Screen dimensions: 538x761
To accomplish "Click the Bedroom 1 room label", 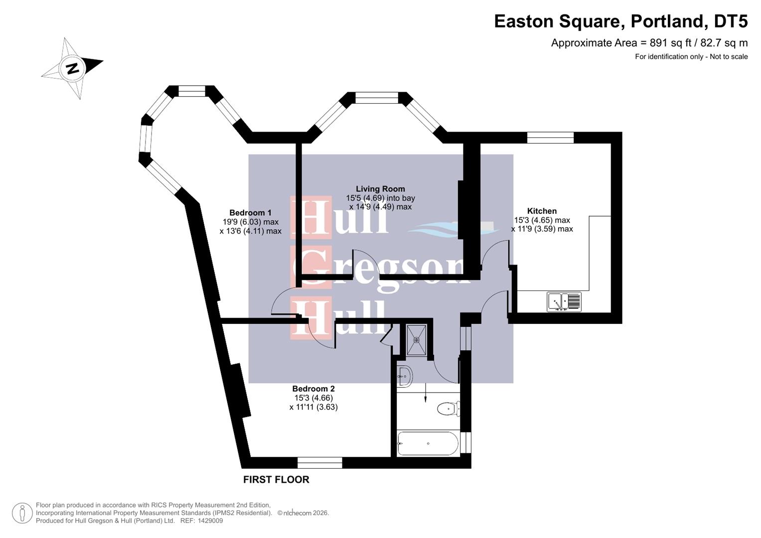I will coord(250,213).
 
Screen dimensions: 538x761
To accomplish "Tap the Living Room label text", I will coord(380,189).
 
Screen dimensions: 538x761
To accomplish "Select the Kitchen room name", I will coord(542,211).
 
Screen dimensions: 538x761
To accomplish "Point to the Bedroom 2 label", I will coord(313,389).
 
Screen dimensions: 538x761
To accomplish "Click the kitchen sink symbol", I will coord(564,302).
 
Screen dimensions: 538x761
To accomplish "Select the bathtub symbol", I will coord(428,443).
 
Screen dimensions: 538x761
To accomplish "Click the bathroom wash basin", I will coord(404,376).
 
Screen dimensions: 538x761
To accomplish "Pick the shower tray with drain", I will coord(416,340).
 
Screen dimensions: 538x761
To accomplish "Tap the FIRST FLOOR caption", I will coord(276,479).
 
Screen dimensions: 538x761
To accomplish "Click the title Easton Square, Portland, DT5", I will coord(620,21).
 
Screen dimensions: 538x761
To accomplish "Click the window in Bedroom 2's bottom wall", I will coord(320,463).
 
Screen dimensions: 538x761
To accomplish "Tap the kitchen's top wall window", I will coord(550,137).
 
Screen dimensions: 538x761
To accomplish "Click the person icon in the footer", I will coord(22,513).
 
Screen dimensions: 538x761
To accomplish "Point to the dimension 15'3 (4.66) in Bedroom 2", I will coord(313,398).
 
